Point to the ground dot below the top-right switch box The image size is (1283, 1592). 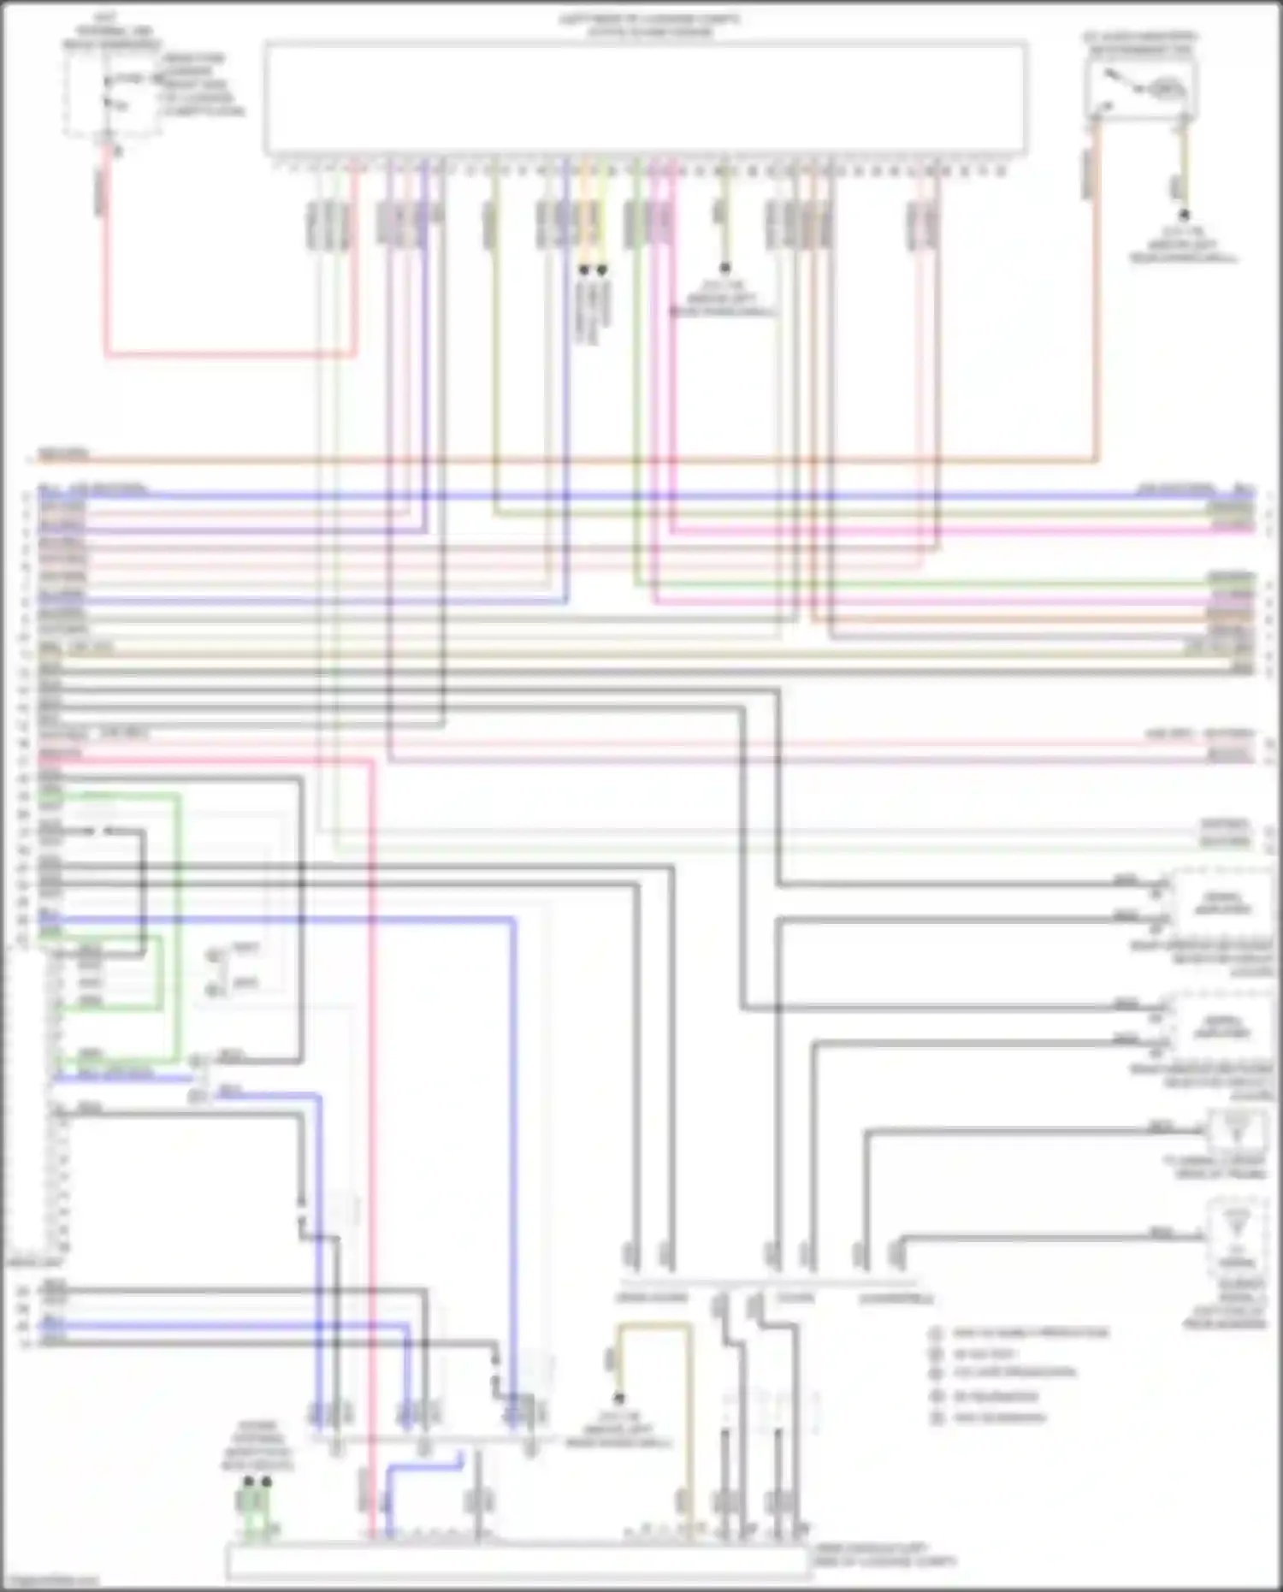[1185, 216]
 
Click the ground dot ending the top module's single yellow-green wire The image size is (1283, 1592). [724, 269]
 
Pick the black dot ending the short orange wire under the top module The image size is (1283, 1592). [584, 269]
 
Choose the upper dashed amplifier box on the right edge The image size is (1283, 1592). [1221, 903]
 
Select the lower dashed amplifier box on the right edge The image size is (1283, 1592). [1221, 1027]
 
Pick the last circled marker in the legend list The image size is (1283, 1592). [937, 1417]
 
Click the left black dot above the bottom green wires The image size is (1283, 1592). [248, 1481]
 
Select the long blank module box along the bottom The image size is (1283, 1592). [517, 1562]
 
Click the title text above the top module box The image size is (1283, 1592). [648, 26]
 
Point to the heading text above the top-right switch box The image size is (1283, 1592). [1140, 43]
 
